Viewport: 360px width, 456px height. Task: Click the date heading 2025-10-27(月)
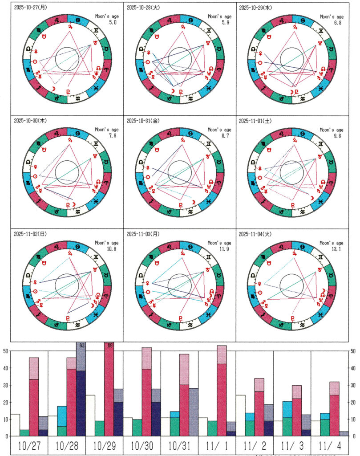tap(32, 8)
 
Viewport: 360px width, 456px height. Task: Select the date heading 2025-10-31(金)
tap(145, 121)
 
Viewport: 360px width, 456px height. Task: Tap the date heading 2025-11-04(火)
tap(257, 233)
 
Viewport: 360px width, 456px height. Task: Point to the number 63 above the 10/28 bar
tap(81, 345)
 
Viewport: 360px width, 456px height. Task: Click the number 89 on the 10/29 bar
tap(110, 345)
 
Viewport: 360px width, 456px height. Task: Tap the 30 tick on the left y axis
tap(5, 385)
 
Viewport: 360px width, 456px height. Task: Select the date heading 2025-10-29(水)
tap(257, 8)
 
